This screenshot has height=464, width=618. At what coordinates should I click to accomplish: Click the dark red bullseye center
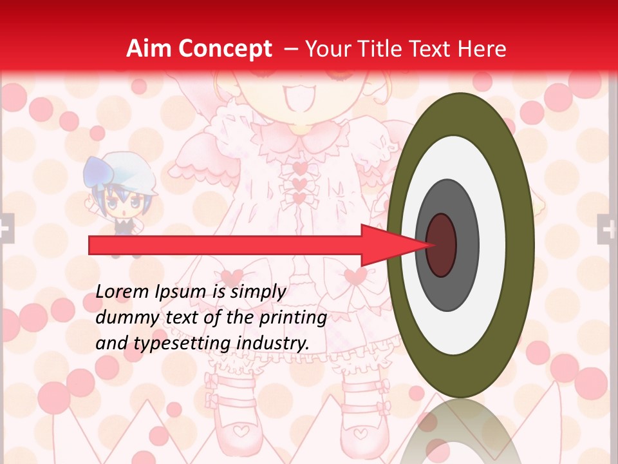[x=442, y=245]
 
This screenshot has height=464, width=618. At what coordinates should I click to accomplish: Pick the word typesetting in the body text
[x=170, y=343]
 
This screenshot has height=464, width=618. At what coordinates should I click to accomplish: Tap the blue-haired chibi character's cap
[x=118, y=169]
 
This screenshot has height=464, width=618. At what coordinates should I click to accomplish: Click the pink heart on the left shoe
[x=239, y=429]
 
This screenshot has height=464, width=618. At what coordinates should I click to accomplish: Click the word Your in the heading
[x=325, y=48]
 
